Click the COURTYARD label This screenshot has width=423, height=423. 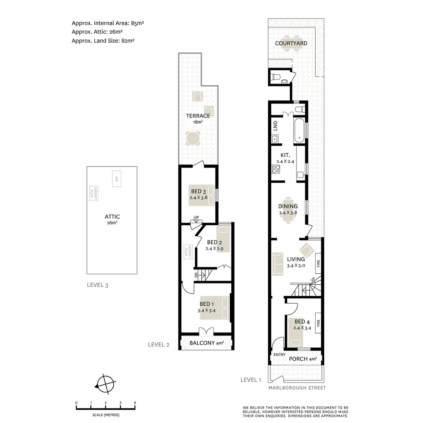pos(291,43)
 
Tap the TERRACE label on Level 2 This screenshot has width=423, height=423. pos(198,116)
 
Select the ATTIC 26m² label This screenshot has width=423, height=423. pos(112,219)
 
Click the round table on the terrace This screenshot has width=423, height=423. pos(193,138)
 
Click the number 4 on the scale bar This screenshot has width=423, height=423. pos(135,403)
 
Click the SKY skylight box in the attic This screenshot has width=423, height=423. pos(116,179)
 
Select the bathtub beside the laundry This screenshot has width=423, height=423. pos(300,130)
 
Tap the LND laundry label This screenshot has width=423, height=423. pos(275,126)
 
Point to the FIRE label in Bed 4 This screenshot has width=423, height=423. pos(318,324)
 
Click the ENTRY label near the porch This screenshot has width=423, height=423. pos(280,355)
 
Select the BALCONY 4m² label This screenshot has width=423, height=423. pos(206,343)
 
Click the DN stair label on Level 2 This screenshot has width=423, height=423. pos(196,275)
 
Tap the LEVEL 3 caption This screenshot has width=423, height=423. pos(97,285)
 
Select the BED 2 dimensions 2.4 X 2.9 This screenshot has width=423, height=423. pos(215,248)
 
